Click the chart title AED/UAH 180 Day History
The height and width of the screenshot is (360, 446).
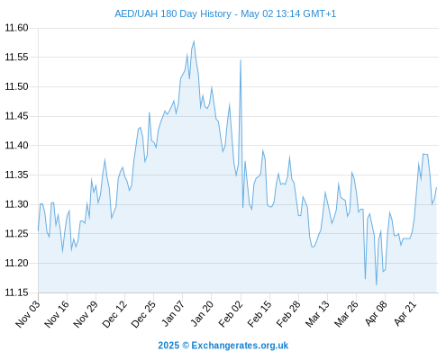[173, 13]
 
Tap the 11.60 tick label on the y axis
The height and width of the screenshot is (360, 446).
[16, 28]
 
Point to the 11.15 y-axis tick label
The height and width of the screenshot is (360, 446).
[16, 292]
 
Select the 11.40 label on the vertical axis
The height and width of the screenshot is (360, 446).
[16, 146]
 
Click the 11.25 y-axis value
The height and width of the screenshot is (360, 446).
[16, 234]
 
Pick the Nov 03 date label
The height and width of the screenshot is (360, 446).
[28, 314]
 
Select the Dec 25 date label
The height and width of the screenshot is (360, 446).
[143, 314]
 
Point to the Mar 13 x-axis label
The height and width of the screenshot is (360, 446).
[317, 314]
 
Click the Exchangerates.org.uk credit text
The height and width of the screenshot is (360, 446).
[240, 346]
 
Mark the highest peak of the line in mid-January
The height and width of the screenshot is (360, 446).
[194, 40]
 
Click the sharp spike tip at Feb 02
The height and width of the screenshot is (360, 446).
[241, 59]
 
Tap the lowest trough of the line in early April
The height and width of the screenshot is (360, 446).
[376, 284]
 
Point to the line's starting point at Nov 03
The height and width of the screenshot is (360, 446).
[38, 230]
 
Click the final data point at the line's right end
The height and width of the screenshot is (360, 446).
[436, 187]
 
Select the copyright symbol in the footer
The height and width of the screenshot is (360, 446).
[186, 346]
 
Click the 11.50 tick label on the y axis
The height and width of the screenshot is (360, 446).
[16, 86]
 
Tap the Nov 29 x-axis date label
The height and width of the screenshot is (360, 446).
[86, 314]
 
